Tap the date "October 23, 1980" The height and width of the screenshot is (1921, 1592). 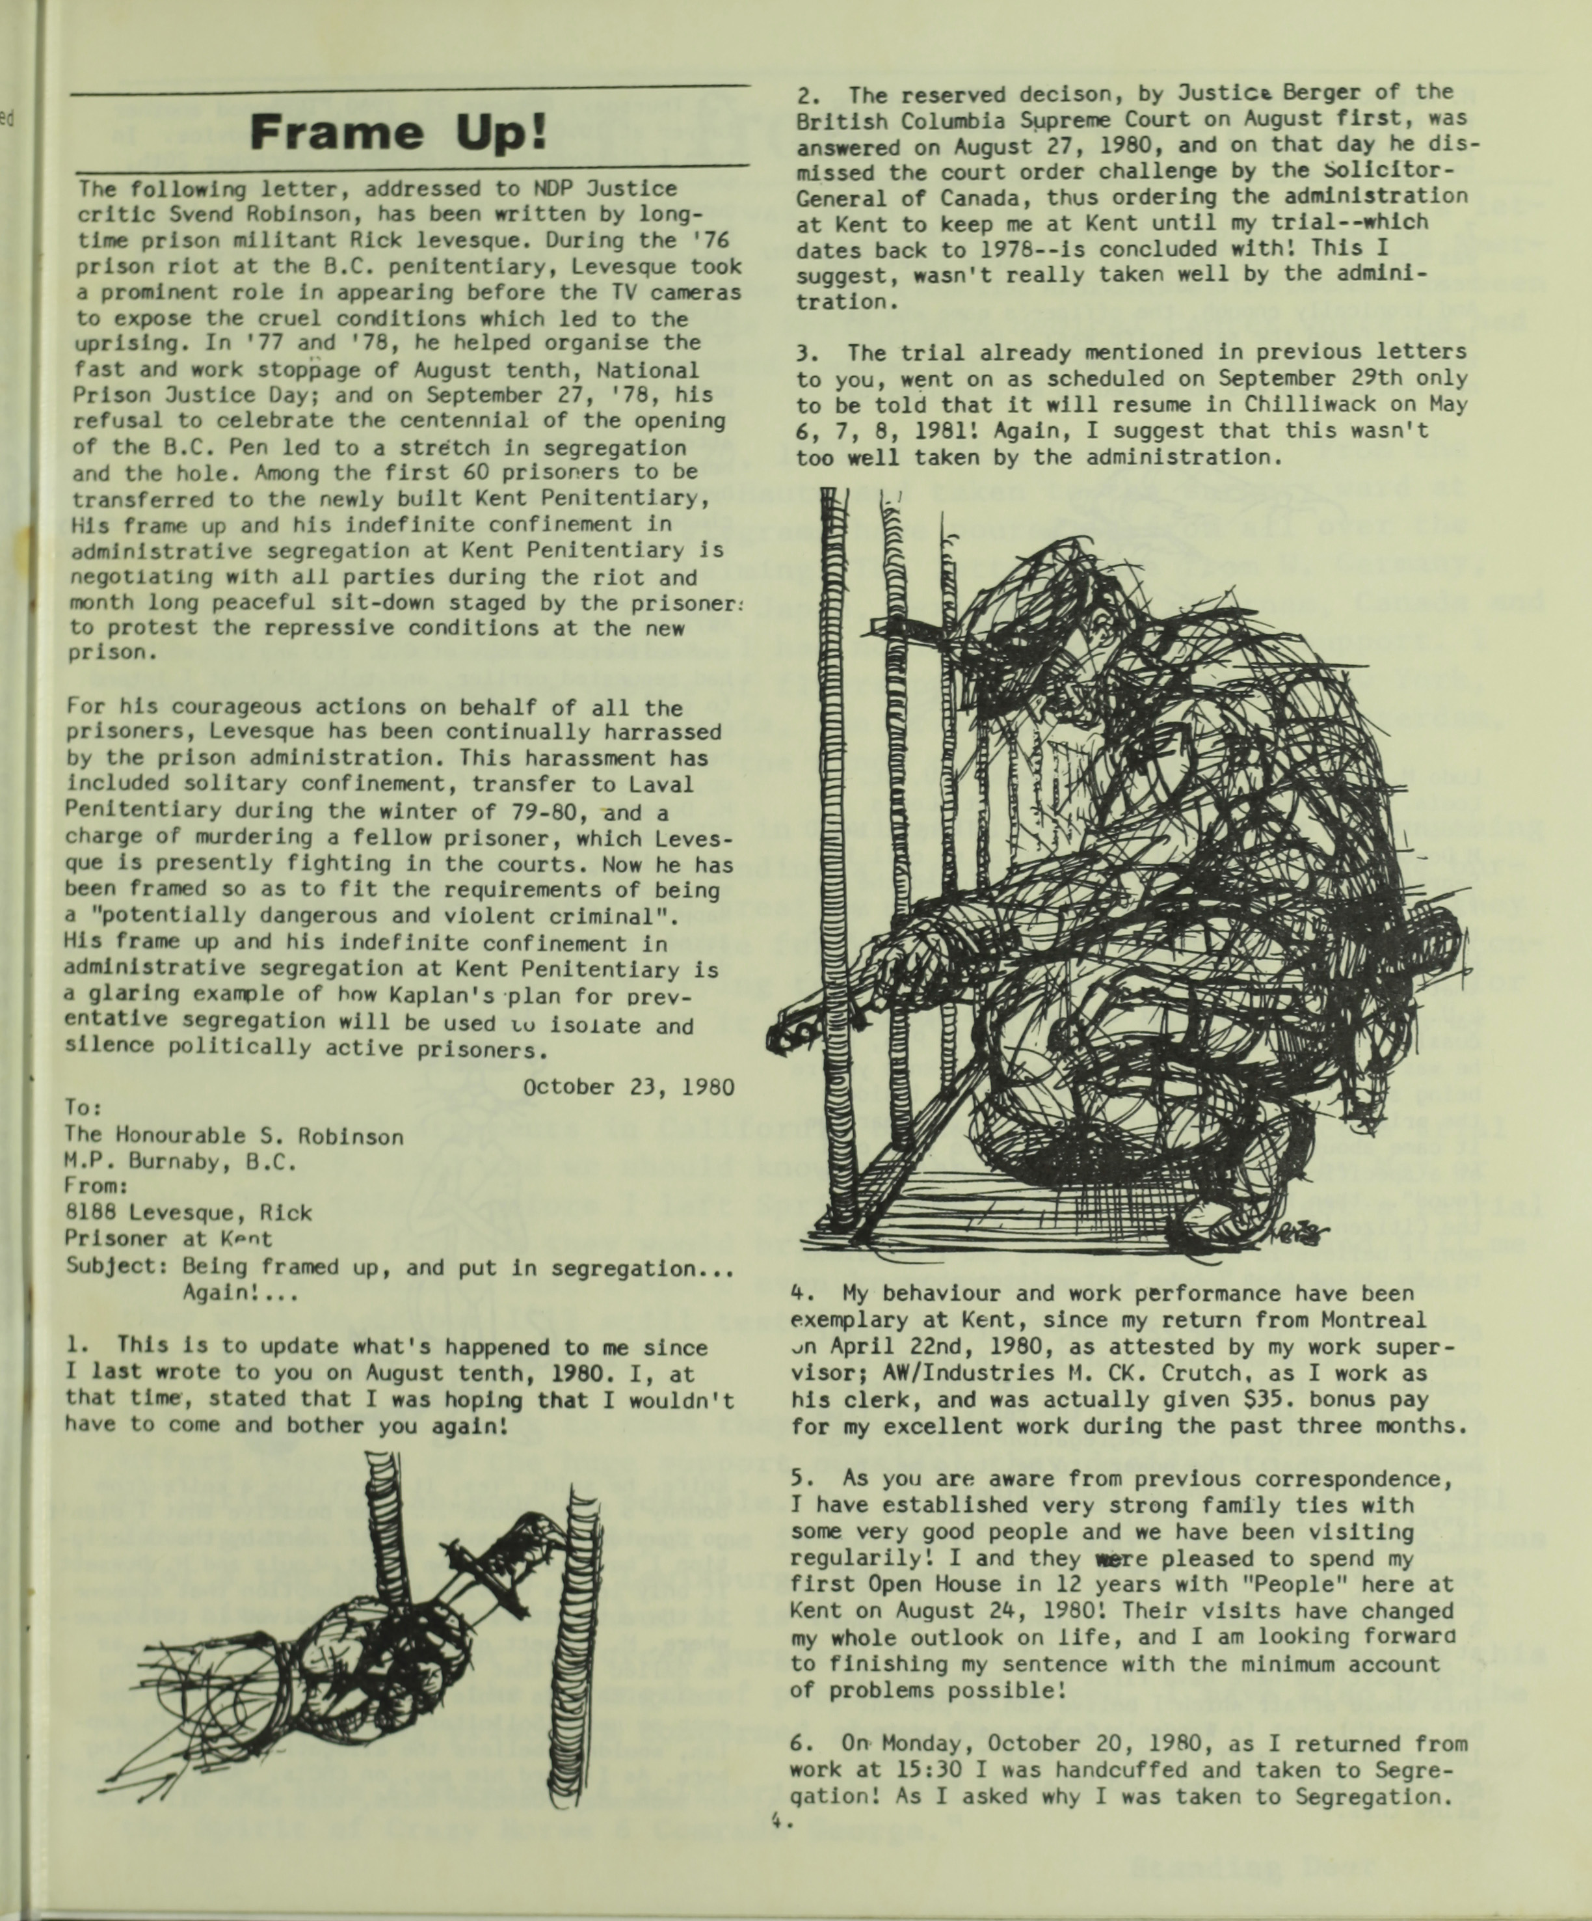(628, 1087)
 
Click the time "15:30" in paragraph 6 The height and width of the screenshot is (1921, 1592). (928, 1770)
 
